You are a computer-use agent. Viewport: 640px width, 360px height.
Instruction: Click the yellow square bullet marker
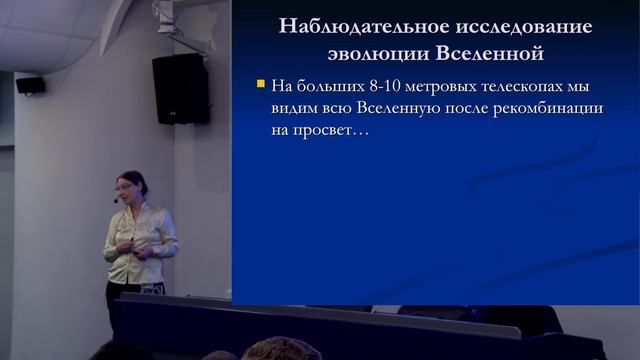tap(261, 84)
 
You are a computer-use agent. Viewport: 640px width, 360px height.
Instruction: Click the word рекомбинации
tap(550, 108)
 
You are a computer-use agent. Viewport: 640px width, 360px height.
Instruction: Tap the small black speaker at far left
tap(30, 85)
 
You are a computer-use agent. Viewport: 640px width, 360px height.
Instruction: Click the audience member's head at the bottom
tap(280, 350)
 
